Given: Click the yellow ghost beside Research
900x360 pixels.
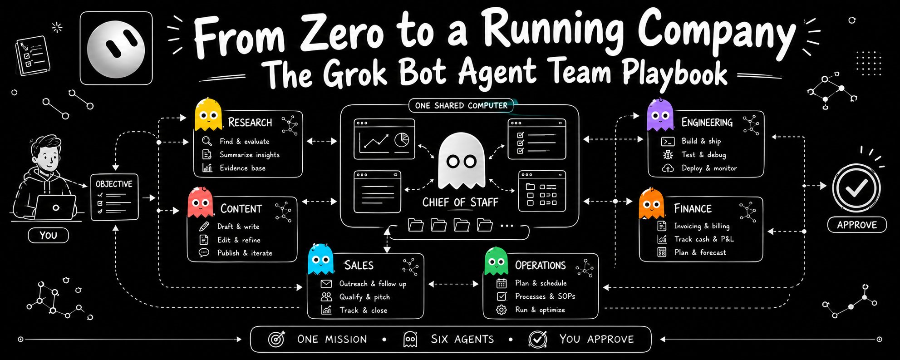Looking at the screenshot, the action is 208,114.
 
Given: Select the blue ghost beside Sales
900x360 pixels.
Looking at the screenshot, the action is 320,259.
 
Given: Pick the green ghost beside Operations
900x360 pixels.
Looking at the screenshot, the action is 496,261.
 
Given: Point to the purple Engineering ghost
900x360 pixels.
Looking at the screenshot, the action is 660,114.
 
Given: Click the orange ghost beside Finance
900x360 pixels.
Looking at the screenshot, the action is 651,203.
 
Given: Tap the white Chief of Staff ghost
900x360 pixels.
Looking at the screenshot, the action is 461,161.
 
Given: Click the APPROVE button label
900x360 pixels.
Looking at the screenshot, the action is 856,225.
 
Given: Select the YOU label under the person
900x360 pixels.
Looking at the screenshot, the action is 48,235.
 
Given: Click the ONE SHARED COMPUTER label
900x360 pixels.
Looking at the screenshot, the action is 461,105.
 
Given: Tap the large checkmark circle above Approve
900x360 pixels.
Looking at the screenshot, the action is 856,187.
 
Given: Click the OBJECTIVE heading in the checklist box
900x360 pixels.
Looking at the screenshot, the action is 114,184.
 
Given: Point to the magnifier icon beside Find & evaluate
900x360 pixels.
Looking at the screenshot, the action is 207,141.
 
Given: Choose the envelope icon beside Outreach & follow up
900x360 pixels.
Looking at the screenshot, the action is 326,284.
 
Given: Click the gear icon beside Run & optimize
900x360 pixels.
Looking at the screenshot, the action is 502,310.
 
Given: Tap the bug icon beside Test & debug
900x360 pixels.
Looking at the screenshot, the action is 668,154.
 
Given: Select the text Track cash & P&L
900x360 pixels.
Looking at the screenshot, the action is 704,239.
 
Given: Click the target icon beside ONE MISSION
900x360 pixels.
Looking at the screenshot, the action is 276,339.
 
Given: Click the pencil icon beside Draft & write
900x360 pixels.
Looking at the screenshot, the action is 204,226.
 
